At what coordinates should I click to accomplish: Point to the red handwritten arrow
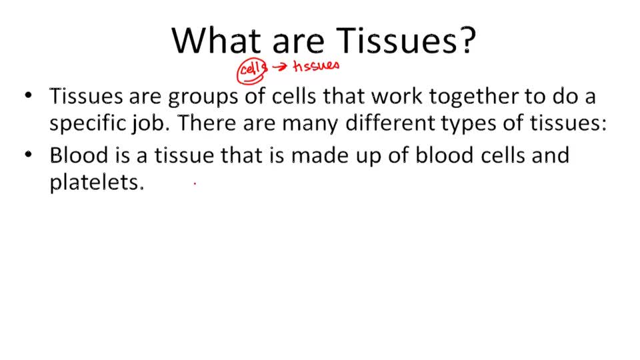click(279, 67)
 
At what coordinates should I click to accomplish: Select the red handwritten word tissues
click(316, 65)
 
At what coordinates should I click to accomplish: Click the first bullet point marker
click(28, 96)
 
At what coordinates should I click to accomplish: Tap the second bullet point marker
click(28, 155)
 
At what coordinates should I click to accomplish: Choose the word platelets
click(97, 183)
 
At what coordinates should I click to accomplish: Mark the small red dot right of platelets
click(195, 183)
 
